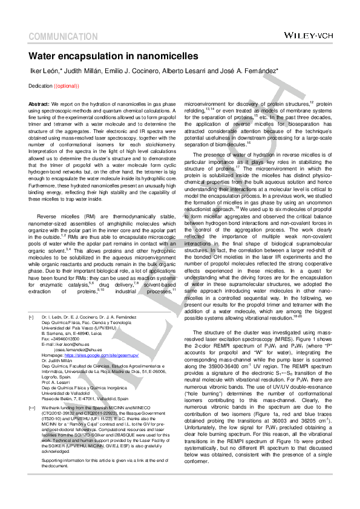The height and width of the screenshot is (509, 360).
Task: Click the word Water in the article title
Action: point(45,57)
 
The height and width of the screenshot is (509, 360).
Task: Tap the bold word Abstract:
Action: point(39,105)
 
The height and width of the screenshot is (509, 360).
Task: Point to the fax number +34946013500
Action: point(67,339)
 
